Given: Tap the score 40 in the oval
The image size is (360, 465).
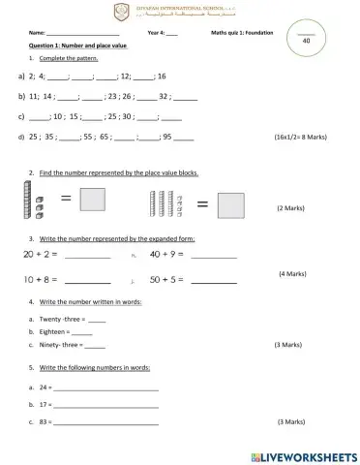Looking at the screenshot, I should pos(306,41).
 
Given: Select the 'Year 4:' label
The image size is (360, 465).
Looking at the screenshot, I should pos(158,33).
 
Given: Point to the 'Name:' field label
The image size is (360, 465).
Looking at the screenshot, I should pos(38,33).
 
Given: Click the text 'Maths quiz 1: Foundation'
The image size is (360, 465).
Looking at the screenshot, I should pos(241,33).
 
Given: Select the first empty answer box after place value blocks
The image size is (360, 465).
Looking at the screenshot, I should pos(92,201).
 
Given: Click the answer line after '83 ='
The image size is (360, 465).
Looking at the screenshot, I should pos(105,422).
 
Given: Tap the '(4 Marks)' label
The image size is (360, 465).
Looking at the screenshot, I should pos(292,274).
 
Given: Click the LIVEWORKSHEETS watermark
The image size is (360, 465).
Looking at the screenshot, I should pos(303,455).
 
